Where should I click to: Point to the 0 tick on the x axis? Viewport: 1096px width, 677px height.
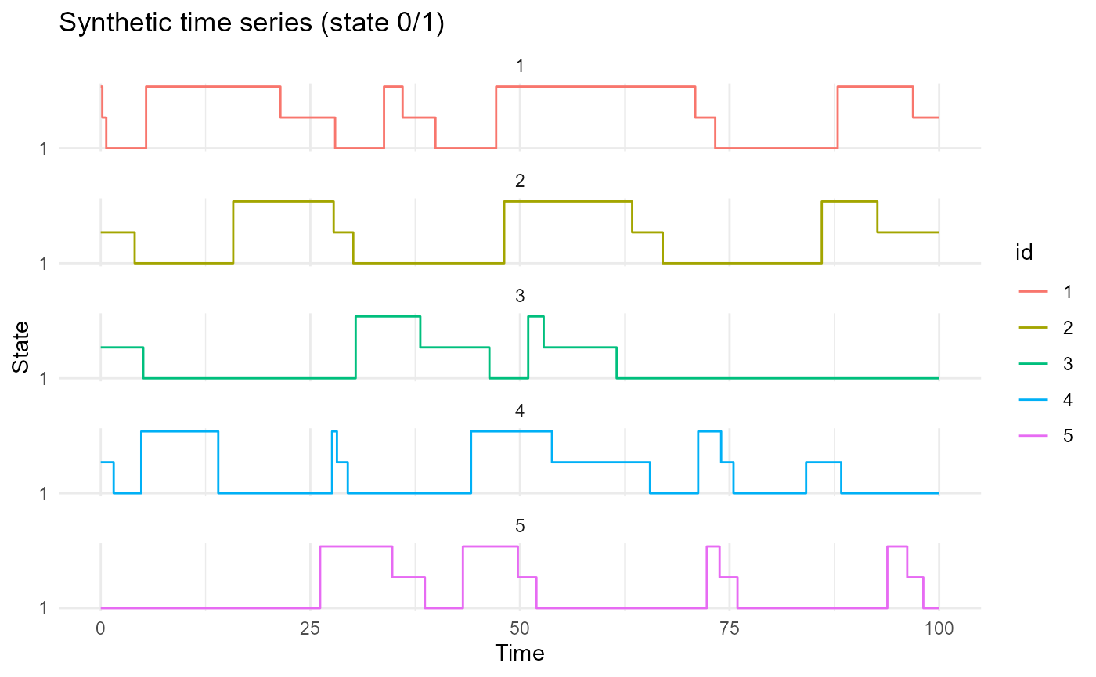click(x=100, y=628)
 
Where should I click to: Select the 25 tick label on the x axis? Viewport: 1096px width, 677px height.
click(x=310, y=628)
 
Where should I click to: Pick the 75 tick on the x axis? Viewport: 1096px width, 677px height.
click(x=729, y=628)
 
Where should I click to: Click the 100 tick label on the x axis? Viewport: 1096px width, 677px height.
click(x=939, y=628)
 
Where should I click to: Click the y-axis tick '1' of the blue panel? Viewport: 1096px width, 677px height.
click(x=44, y=494)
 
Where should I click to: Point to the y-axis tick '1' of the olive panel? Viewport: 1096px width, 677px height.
click(x=44, y=264)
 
